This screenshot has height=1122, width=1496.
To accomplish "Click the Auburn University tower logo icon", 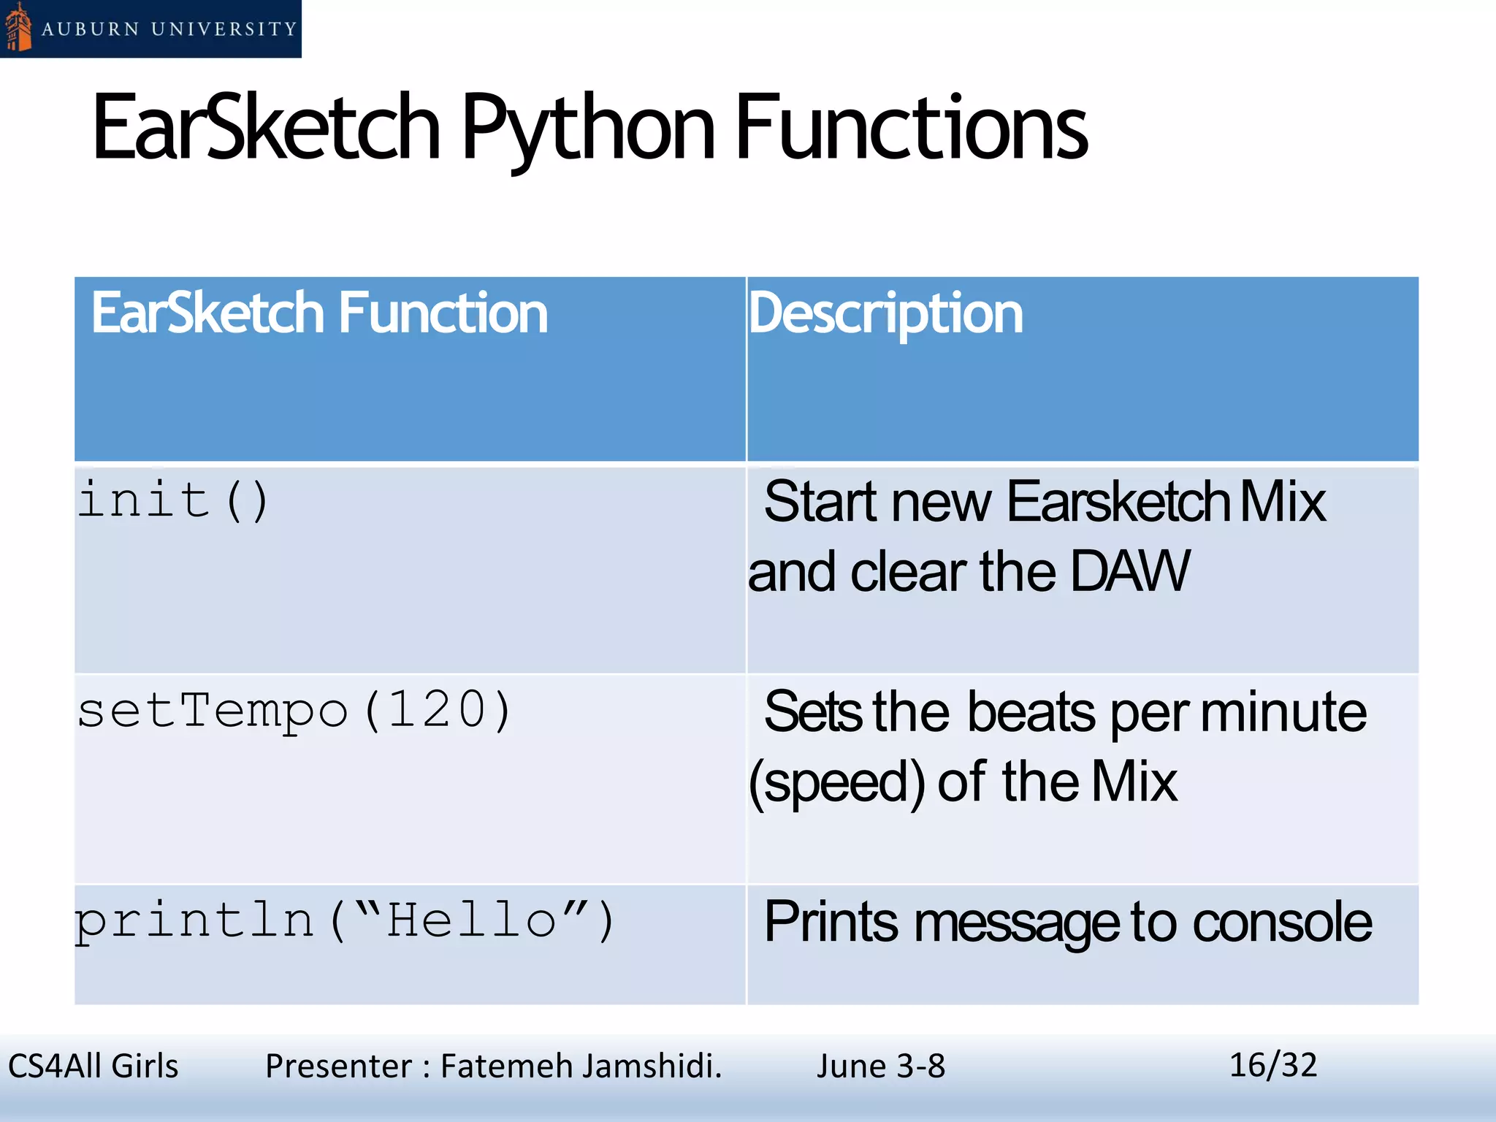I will click(x=18, y=28).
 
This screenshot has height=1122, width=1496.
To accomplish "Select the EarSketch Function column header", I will click(x=319, y=313).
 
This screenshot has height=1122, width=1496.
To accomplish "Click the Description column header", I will click(x=885, y=313).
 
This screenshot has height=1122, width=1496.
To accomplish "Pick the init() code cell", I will click(x=174, y=501).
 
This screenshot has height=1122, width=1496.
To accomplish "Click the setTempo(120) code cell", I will click(x=294, y=710).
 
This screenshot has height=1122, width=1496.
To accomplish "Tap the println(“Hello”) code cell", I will click(x=346, y=920).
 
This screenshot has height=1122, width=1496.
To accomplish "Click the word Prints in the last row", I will click(x=831, y=922).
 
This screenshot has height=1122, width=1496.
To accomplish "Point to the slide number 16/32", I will click(x=1272, y=1065).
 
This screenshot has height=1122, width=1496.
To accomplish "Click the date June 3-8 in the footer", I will click(x=880, y=1066).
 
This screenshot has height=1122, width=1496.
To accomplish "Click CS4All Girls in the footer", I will click(x=93, y=1066).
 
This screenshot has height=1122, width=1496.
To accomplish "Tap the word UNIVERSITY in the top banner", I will click(x=224, y=29).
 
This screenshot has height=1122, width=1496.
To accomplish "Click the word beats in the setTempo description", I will click(x=1031, y=712).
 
